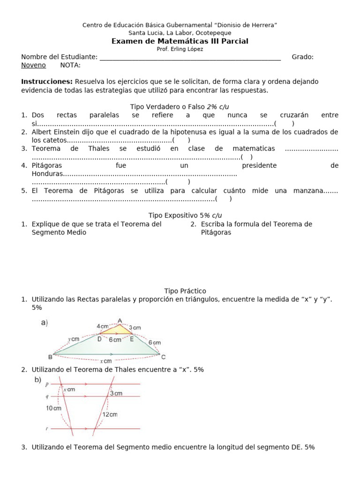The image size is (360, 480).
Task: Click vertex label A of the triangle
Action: (120, 321)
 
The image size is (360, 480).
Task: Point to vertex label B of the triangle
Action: (50, 355)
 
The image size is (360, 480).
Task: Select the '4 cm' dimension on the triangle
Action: (102, 326)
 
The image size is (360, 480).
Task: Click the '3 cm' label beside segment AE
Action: (135, 328)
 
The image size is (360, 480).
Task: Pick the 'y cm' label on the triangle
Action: (73, 339)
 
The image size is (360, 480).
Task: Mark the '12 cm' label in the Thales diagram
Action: (110, 414)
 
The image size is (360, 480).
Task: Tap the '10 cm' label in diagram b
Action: (53, 408)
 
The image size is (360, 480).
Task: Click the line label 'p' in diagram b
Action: (47, 384)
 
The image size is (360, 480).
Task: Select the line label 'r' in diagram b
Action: (47, 428)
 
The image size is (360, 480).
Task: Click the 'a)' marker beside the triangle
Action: (45, 322)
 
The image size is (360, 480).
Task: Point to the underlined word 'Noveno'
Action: (33, 65)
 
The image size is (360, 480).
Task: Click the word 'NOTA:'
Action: (70, 65)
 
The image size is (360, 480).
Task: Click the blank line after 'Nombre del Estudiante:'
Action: (190, 57)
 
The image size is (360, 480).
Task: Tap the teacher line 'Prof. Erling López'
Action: (180, 49)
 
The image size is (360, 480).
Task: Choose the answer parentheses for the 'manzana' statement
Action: (224, 199)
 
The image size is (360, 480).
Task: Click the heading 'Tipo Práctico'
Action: (185, 291)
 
